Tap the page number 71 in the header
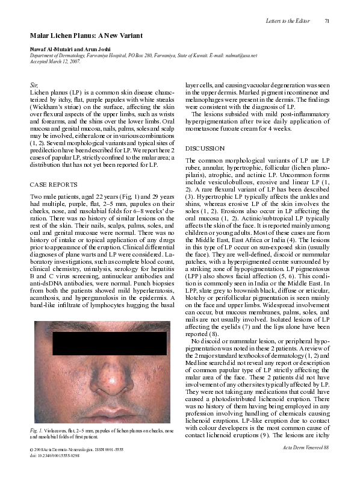point(327,22)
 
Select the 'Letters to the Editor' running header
point(287,22)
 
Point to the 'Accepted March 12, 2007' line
point(57,61)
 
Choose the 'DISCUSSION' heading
point(205,148)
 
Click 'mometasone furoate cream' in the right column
point(220,129)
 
